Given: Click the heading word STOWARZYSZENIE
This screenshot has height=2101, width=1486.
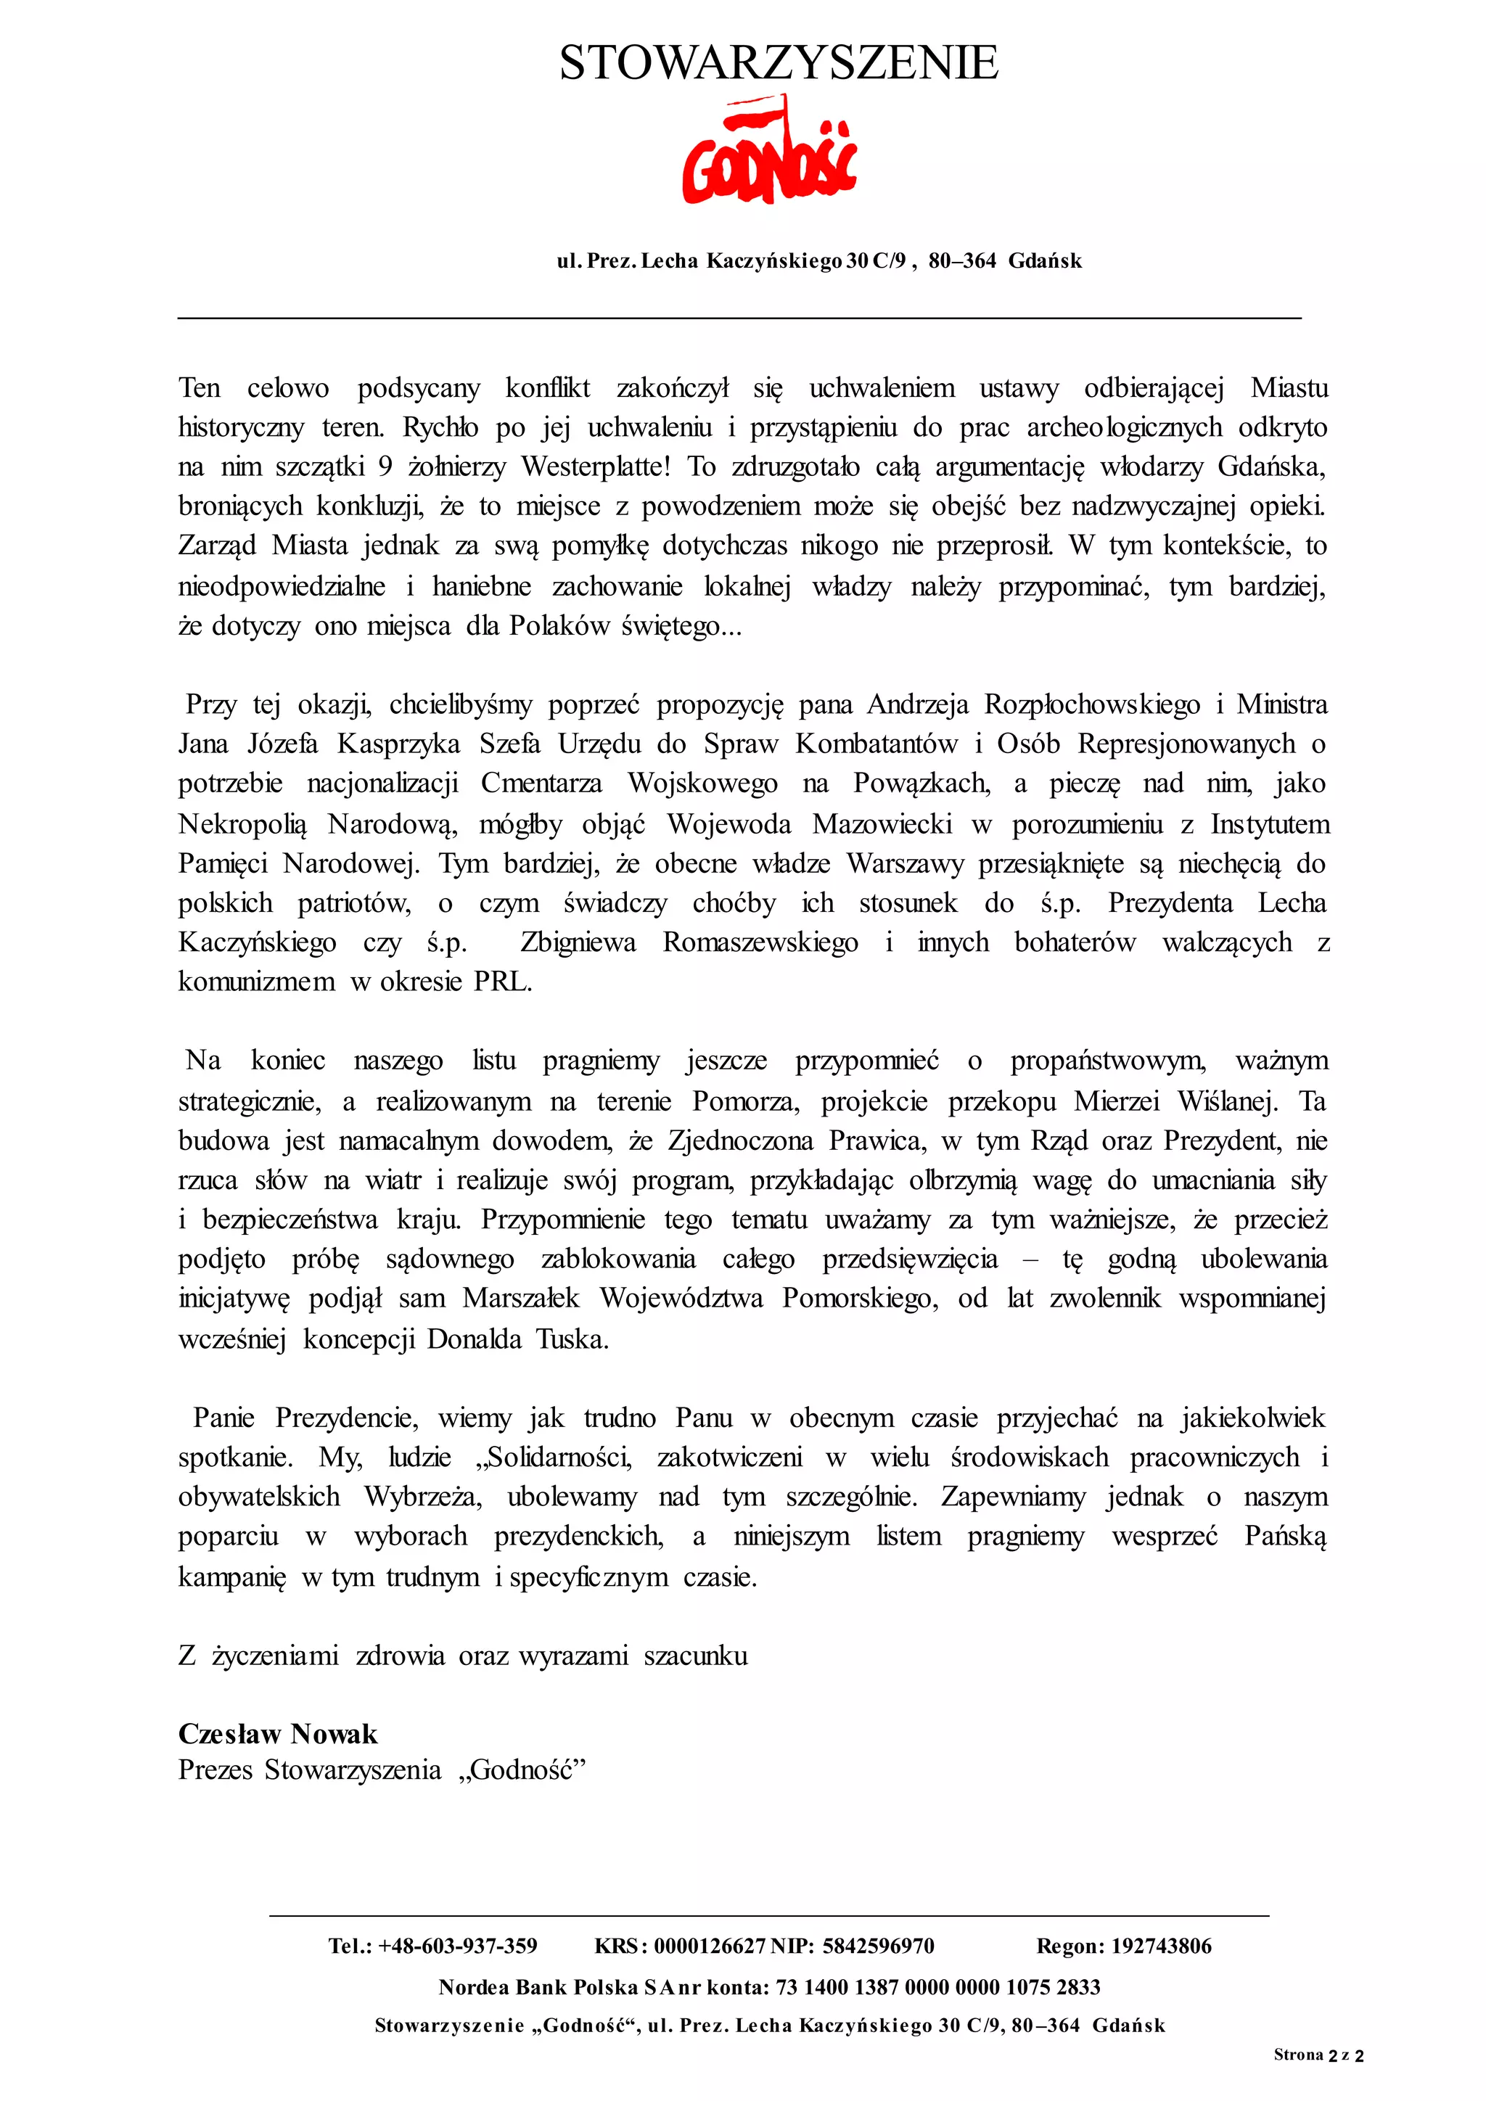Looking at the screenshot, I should [778, 63].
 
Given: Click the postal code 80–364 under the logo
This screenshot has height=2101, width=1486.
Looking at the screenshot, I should [961, 260].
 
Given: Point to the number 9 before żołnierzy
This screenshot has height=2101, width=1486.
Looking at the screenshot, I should [385, 466].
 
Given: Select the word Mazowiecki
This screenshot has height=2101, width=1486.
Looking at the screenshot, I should [882, 823].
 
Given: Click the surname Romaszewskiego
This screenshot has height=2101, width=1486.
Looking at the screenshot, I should [760, 942].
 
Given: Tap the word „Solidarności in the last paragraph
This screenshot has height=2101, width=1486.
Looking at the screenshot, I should [551, 1457].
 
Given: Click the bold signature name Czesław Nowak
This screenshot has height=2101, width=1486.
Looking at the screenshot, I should [277, 1734].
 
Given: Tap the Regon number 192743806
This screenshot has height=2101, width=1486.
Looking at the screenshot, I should [1160, 1946].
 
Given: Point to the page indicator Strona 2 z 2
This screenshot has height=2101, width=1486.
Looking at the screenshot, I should [1318, 2055].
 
